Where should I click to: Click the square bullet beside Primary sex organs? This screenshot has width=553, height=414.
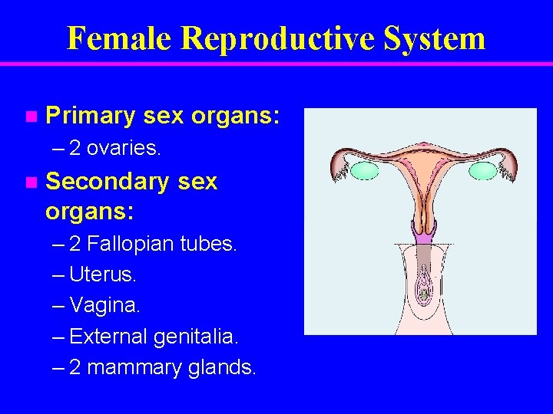30,117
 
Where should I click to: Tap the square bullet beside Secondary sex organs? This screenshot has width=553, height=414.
30,182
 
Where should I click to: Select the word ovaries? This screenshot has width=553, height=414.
124,148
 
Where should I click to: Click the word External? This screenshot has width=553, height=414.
108,336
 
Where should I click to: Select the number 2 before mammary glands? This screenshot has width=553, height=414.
75,367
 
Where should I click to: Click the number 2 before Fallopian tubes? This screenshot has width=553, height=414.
75,245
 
